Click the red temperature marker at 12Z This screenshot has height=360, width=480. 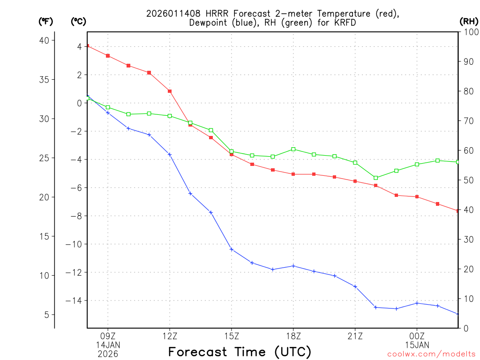pos(170,91)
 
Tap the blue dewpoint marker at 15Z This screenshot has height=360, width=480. pos(232,249)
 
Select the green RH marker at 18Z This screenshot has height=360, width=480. pos(293,149)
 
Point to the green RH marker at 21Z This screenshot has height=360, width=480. pos(355,163)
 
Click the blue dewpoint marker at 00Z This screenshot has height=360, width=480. pos(417,303)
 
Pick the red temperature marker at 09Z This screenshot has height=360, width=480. pos(108,56)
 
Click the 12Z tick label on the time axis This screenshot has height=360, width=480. pos(170,336)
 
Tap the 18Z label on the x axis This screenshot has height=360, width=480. pos(293,336)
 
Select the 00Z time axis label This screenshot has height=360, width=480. pos(417,336)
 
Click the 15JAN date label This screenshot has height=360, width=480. pos(417,345)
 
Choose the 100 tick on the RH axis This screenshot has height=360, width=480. pos(468,32)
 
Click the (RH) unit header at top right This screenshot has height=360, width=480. pos(469,21)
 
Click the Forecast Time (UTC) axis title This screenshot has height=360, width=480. pos(240,352)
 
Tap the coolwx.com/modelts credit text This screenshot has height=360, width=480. pos(431,354)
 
